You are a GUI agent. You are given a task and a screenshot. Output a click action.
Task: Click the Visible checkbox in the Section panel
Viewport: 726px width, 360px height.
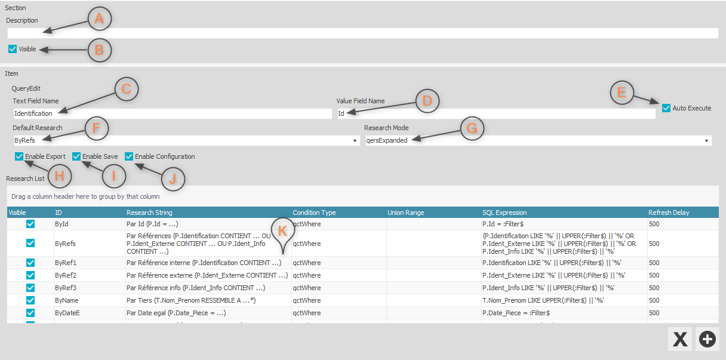tap(13, 49)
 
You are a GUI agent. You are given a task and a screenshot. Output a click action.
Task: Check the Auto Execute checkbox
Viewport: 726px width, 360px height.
tap(666, 108)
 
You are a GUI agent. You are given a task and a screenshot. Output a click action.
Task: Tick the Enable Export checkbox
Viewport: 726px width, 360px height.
tap(19, 156)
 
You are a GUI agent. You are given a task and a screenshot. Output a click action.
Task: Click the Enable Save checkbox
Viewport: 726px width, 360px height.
tap(76, 156)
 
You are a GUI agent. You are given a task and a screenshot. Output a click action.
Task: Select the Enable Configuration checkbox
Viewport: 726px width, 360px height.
tap(129, 156)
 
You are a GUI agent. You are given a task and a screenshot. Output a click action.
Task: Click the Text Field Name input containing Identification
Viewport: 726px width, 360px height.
tap(173, 113)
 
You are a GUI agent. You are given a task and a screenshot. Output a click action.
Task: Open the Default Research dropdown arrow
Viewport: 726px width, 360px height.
tap(355, 141)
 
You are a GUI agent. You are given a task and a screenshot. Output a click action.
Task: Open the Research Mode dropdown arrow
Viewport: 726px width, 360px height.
tap(706, 141)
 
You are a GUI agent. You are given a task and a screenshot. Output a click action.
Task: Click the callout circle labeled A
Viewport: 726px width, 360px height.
tap(100, 19)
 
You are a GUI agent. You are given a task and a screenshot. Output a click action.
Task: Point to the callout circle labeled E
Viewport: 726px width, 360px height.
tap(622, 93)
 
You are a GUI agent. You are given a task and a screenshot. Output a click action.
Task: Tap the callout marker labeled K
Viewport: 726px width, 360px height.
tap(283, 232)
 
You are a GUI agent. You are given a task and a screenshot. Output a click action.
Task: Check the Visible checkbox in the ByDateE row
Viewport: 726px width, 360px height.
tap(30, 313)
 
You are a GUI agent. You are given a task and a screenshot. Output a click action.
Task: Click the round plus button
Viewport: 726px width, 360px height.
tap(707, 339)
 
